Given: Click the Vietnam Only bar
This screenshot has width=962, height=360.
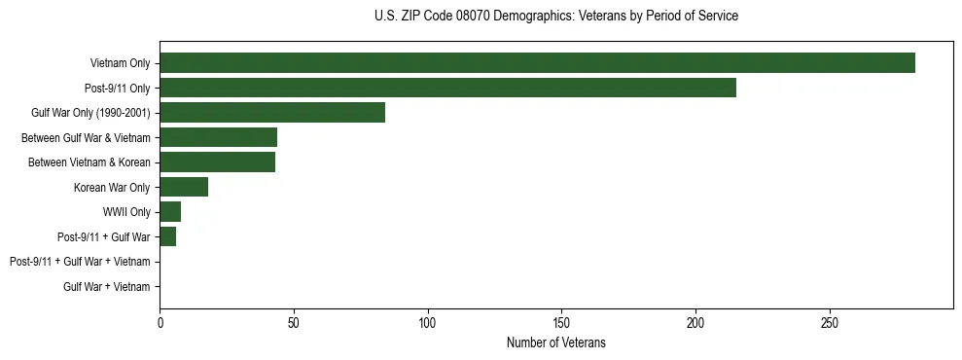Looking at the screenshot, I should point(537,63).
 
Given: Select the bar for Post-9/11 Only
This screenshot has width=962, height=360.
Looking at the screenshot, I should point(447,88).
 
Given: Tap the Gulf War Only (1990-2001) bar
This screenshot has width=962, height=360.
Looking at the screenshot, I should point(272,113).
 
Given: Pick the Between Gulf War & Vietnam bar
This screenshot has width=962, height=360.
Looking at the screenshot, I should point(218,137).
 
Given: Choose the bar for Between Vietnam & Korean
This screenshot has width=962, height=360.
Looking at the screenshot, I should point(217,162).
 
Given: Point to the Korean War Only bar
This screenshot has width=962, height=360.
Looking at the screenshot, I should point(184,187).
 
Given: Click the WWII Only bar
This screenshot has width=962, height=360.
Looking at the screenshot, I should point(170,212).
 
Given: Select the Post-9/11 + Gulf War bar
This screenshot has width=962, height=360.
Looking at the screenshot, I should point(167,236).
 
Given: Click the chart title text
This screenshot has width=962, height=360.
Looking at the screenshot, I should point(555,17).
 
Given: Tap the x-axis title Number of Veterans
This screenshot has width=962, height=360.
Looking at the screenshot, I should point(555,342).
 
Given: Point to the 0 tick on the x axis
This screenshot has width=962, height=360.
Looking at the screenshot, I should point(160,322).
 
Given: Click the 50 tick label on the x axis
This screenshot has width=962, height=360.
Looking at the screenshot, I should point(294,322).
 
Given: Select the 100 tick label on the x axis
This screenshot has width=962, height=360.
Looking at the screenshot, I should point(428,322).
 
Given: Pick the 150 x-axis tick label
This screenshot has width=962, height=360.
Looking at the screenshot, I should point(561,322).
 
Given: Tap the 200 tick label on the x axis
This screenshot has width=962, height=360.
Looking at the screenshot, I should point(695,322).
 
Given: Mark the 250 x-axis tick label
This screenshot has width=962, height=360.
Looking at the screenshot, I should point(830,322).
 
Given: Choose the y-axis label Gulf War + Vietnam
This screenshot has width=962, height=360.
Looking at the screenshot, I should point(106,286).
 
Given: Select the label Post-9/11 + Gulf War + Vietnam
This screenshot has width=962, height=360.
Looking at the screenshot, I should point(80,262).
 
